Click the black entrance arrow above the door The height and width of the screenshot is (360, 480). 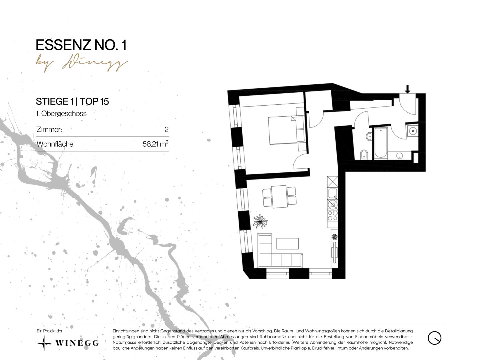click(x=407, y=89)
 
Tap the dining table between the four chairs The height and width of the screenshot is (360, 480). click(x=279, y=197)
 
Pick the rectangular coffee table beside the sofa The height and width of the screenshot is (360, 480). click(x=288, y=243)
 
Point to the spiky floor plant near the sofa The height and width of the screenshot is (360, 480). click(x=260, y=221)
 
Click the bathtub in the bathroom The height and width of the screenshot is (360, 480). click(x=381, y=143)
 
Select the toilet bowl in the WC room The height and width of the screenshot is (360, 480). click(x=364, y=155)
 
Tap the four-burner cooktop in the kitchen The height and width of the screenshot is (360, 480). click(x=332, y=216)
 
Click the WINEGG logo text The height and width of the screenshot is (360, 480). click(x=77, y=343)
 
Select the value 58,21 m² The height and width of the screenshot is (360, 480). click(x=155, y=144)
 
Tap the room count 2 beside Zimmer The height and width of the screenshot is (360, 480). click(x=166, y=129)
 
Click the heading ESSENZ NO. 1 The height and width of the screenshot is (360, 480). click(x=81, y=45)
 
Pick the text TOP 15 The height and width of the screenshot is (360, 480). click(x=94, y=101)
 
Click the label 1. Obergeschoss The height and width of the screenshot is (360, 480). click(x=61, y=113)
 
